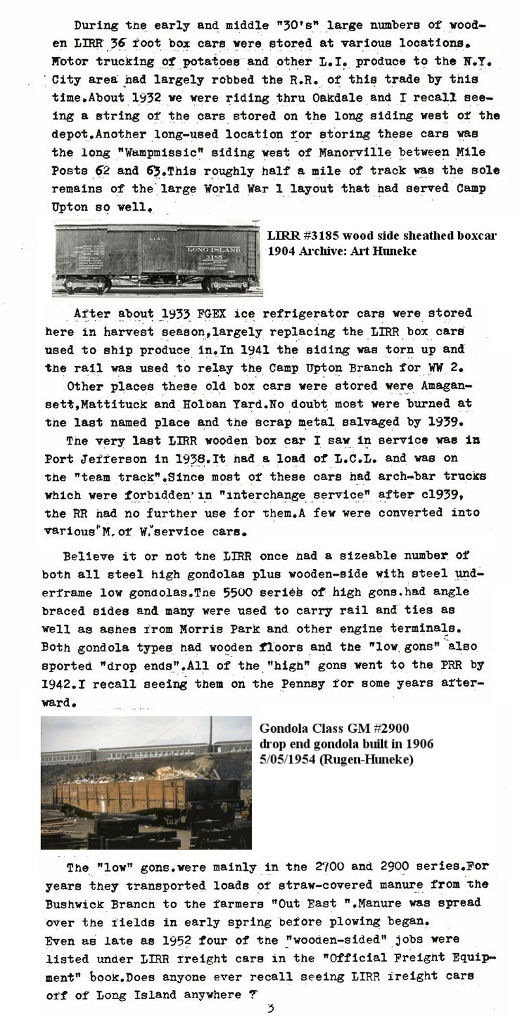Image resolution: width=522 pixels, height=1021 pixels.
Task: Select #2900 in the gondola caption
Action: click(x=389, y=729)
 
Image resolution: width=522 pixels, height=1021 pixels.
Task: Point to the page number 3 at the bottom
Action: click(x=269, y=1009)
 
